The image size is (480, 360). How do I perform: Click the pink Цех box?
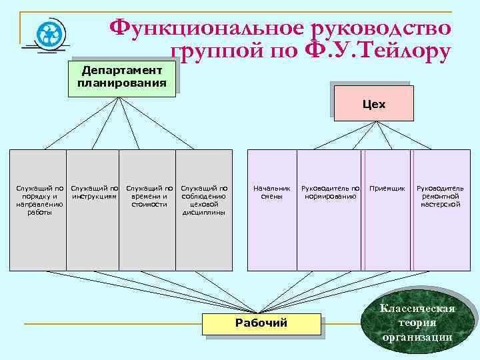(373, 104)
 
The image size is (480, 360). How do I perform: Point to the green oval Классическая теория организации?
(417, 323)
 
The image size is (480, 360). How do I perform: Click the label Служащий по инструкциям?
(94, 193)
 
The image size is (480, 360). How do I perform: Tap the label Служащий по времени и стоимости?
(149, 197)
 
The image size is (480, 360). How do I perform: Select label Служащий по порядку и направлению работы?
(39, 201)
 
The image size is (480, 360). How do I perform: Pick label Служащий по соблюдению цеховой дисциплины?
(204, 201)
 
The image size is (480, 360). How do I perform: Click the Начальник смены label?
(272, 193)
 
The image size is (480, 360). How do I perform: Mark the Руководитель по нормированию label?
(330, 193)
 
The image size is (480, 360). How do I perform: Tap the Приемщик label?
(387, 189)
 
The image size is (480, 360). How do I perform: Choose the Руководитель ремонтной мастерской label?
(440, 197)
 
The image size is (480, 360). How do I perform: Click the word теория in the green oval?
(417, 323)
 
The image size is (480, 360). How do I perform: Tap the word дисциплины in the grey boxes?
(204, 213)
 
